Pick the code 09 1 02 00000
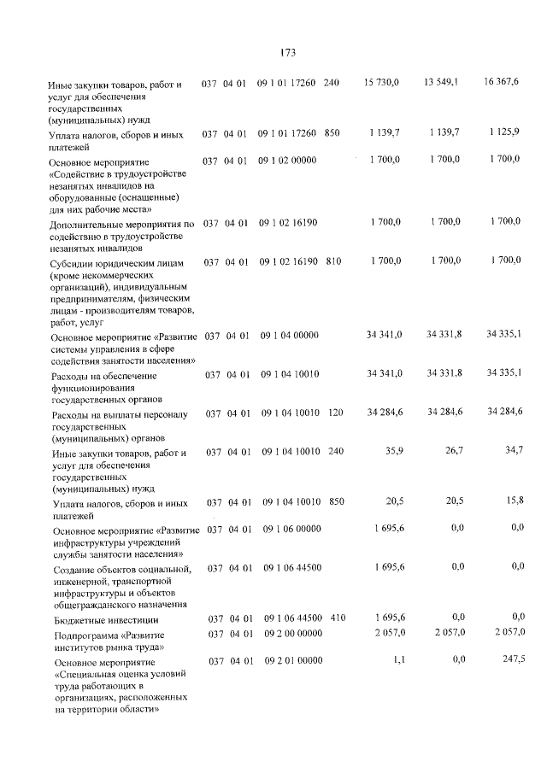click(x=287, y=160)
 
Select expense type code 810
click(x=333, y=261)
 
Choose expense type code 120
click(x=335, y=413)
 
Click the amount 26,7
click(x=450, y=449)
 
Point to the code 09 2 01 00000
click(x=294, y=660)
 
